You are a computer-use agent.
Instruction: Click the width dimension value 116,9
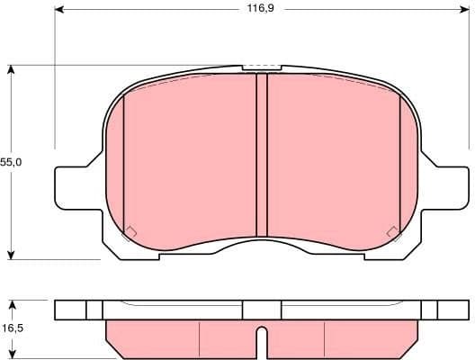(262, 10)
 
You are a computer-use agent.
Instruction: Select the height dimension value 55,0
(11, 162)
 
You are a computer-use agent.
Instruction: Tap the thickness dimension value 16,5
(11, 330)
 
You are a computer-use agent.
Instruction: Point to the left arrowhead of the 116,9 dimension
(60, 10)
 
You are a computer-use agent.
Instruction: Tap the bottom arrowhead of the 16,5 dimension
(11, 355)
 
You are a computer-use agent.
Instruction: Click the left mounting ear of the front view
(72, 189)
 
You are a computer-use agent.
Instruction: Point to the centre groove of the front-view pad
(262, 153)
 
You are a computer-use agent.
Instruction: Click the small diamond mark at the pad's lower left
(129, 233)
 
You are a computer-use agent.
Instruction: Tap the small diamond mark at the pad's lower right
(393, 233)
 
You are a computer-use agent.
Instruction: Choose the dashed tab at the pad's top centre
(261, 67)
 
